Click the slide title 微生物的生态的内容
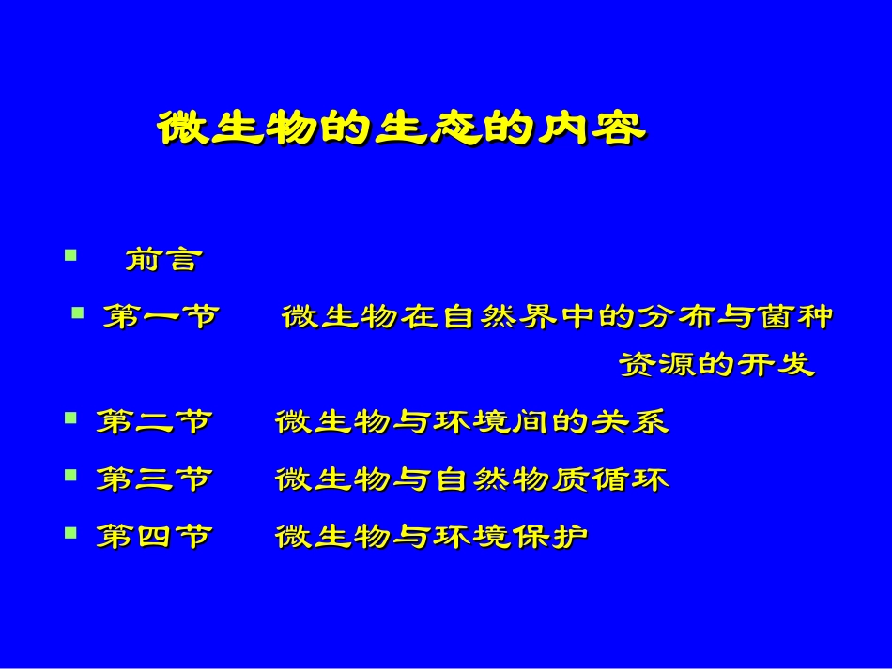[x=401, y=129]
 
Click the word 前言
[x=162, y=261]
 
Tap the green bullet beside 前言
[x=69, y=254]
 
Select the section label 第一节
[x=160, y=317]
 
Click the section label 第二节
[x=153, y=422]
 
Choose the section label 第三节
[x=153, y=480]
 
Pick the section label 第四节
[x=153, y=537]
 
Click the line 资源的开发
[x=716, y=365]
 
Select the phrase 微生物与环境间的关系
[x=471, y=422]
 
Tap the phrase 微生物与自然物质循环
[x=471, y=480]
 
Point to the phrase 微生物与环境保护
[x=432, y=537]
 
